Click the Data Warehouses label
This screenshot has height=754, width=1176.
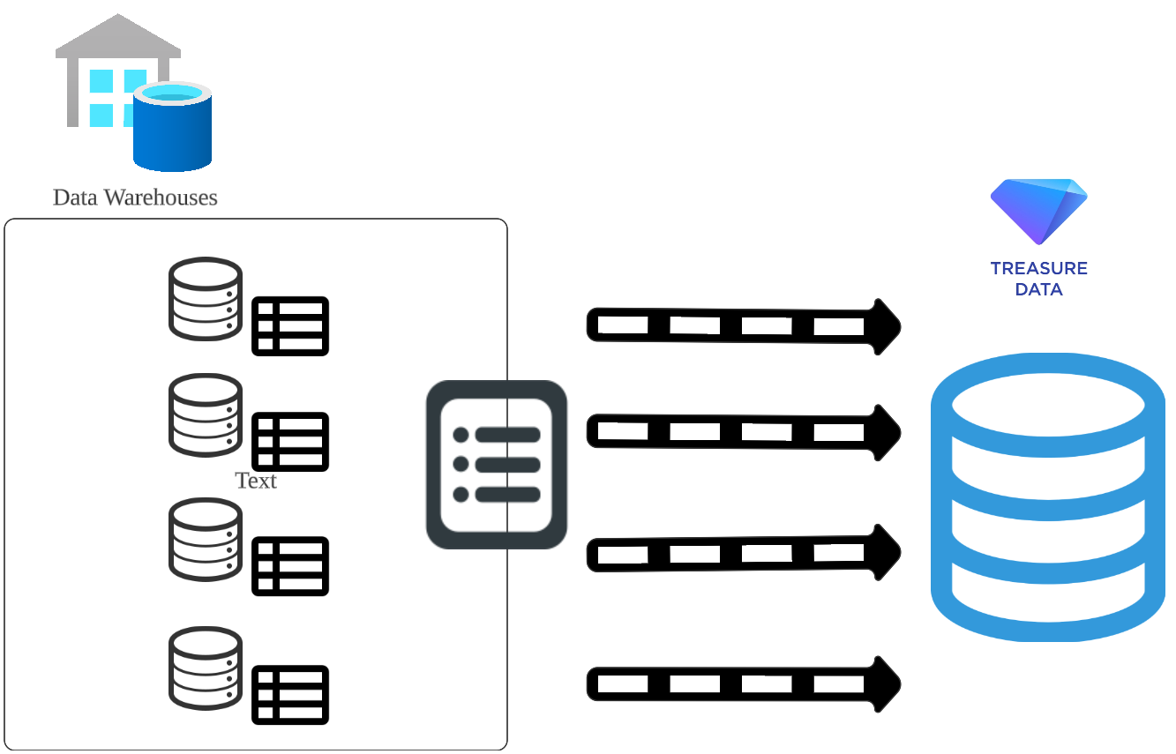coord(135,197)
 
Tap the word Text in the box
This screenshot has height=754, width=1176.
coord(256,481)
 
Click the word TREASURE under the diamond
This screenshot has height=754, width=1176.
coord(1038,268)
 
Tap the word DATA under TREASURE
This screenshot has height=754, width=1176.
coord(1038,289)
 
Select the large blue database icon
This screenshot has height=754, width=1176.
coord(1048,497)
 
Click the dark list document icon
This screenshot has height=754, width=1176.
coord(496,465)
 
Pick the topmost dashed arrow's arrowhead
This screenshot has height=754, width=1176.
coord(885,326)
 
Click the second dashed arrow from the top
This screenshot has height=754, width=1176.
coord(741,432)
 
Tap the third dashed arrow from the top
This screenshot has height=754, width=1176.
coord(741,554)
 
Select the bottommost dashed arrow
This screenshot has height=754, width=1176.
coord(741,683)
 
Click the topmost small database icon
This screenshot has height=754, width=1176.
coord(206,298)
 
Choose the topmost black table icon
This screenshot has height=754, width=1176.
coord(290,326)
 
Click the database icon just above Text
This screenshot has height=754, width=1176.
coord(206,414)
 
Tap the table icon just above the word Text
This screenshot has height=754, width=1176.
coord(290,441)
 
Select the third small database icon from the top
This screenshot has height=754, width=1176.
coord(206,539)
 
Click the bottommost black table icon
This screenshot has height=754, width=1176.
coord(290,695)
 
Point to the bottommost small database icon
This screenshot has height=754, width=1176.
coord(206,668)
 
